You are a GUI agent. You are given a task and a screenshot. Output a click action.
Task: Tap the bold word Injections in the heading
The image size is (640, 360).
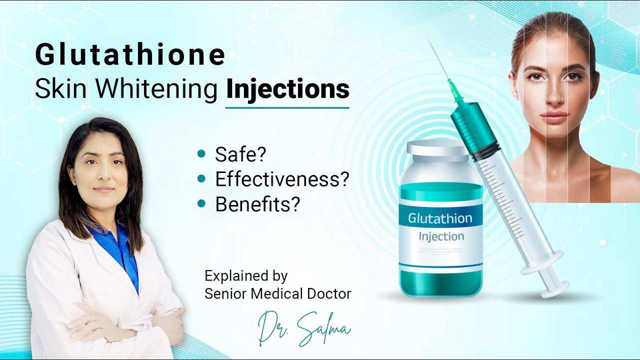pyautogui.click(x=287, y=89)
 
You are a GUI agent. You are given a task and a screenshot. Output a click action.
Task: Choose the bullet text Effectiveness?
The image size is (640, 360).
pyautogui.click(x=281, y=179)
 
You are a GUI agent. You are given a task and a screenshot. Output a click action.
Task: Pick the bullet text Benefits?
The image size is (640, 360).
pyautogui.click(x=257, y=204)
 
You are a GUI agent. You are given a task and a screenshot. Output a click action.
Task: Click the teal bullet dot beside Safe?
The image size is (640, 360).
pyautogui.click(x=201, y=154)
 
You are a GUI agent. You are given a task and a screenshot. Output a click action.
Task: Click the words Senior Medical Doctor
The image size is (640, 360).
pyautogui.click(x=277, y=293)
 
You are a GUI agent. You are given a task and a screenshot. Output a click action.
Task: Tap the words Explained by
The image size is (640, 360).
pyautogui.click(x=246, y=275)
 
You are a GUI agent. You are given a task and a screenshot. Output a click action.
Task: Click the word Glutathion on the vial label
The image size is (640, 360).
pyautogui.click(x=440, y=218)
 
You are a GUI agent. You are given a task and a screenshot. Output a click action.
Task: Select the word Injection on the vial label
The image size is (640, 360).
pyautogui.click(x=441, y=236)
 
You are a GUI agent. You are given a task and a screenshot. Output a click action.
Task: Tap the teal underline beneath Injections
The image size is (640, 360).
pyautogui.click(x=287, y=107)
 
